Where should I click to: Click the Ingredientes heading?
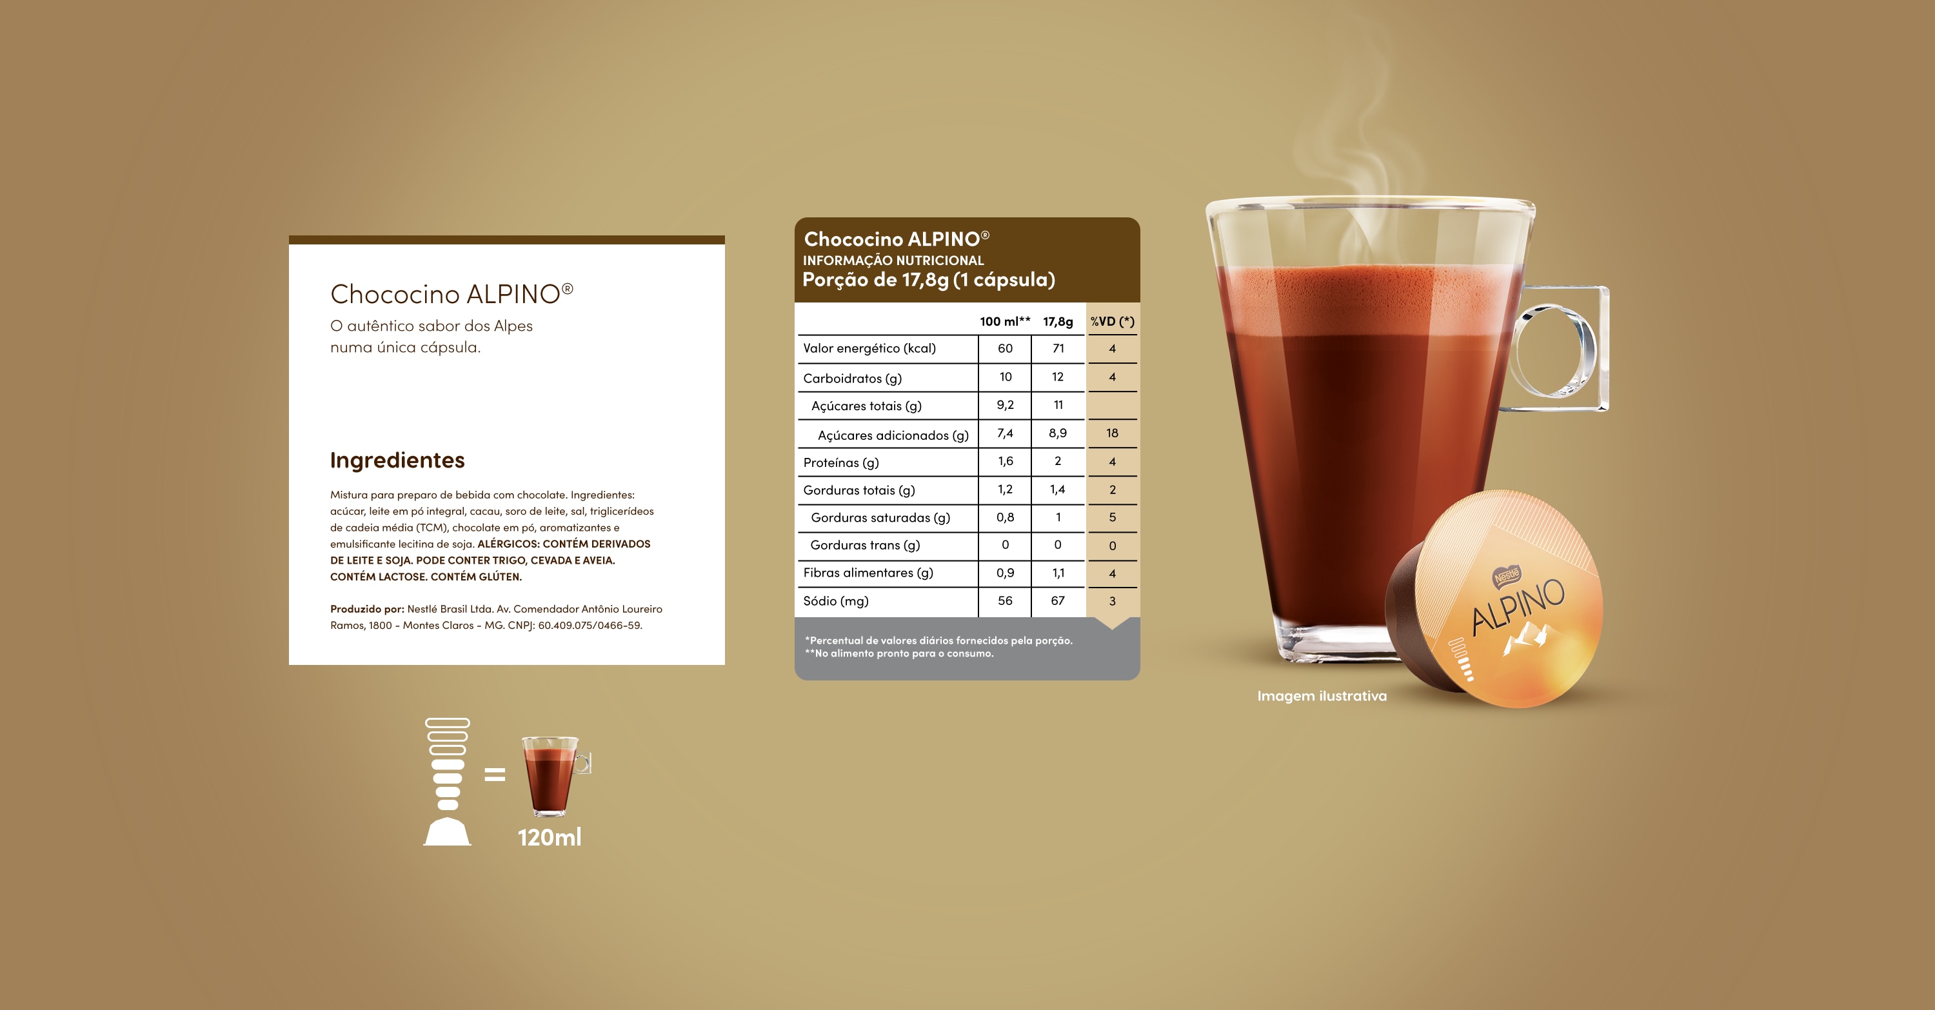[x=397, y=460]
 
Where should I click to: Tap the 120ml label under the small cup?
[x=549, y=837]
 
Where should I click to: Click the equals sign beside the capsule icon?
[x=494, y=773]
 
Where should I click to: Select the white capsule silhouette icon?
[x=447, y=782]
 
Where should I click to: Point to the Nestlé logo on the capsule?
[x=1506, y=575]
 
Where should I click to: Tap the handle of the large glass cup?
[x=1559, y=348]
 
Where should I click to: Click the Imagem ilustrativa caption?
[x=1322, y=696]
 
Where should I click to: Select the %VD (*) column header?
[x=1113, y=321]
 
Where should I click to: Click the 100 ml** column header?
[x=1005, y=321]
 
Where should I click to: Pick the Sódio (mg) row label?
[x=835, y=600]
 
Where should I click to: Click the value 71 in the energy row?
[x=1058, y=348]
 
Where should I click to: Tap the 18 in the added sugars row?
[x=1112, y=433]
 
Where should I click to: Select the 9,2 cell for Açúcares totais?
[x=1005, y=406]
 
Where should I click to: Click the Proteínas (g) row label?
[x=840, y=462]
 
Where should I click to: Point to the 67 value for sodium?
[x=1058, y=600]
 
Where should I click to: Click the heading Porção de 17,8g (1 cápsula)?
[x=928, y=280]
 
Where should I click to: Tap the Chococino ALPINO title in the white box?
[x=451, y=293]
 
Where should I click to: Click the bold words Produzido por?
[x=367, y=609]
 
